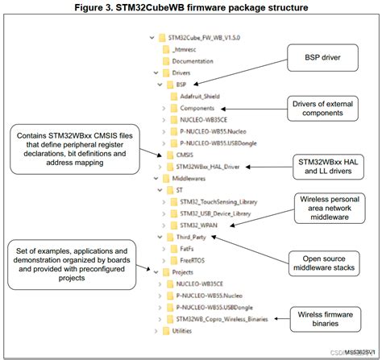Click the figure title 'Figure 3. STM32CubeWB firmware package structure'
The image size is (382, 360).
click(x=190, y=7)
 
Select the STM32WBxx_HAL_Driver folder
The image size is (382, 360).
click(x=210, y=166)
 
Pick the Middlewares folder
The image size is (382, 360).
click(x=189, y=178)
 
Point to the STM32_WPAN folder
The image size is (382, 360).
click(x=202, y=226)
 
